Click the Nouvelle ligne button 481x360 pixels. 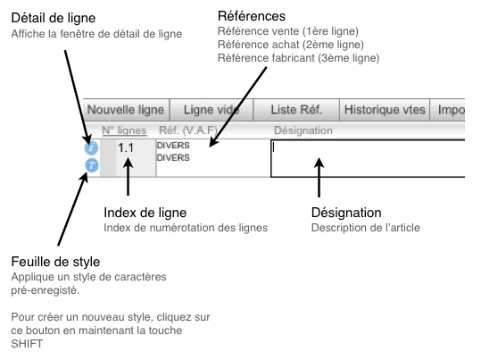tap(126, 110)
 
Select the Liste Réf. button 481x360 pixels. tap(296, 110)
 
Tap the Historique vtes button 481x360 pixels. tap(385, 110)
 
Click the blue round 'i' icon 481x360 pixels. tap(91, 147)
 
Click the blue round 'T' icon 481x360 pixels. tap(92, 165)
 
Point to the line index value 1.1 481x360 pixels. tap(126, 147)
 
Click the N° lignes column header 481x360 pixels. tap(125, 130)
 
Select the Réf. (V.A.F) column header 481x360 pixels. tap(188, 130)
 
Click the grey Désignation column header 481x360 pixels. tap(303, 130)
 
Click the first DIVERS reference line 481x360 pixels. tap(173, 146)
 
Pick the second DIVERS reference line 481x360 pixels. tap(173, 157)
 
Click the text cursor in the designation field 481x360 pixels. tap(274, 147)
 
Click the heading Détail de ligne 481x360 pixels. tap(54, 18)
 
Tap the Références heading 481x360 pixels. tap(252, 16)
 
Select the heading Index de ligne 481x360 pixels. tap(145, 213)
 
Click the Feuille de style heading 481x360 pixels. tap(55, 262)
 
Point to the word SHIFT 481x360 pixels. tap(27, 344)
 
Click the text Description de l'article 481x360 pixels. tap(366, 228)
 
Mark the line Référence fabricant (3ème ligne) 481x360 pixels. tap(298, 58)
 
